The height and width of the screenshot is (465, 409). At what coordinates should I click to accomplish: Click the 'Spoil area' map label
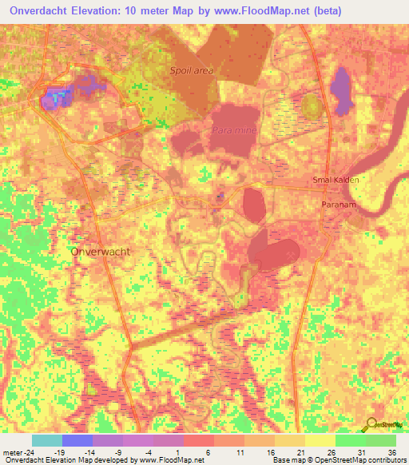point(193,70)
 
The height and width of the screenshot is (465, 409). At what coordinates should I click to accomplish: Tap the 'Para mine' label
point(234,129)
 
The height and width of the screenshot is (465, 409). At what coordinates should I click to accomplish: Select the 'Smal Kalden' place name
point(336,180)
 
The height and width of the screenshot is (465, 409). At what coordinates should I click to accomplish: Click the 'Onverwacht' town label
point(101,250)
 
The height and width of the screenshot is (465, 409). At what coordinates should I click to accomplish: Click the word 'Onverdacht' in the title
point(35,10)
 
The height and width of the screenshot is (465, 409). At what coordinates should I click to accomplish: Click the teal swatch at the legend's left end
point(47,440)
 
